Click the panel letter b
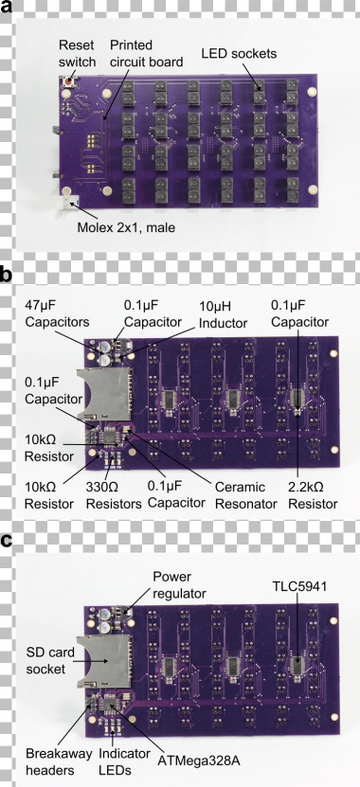click(8, 276)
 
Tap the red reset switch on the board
click(66, 82)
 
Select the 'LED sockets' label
click(239, 53)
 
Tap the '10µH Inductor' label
click(219, 314)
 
